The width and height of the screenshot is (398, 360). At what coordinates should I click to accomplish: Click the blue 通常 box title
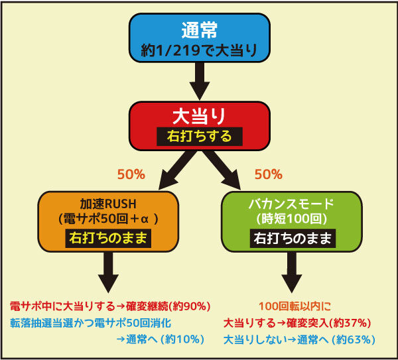click(x=200, y=30)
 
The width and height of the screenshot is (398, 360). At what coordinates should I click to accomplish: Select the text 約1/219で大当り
click(x=199, y=50)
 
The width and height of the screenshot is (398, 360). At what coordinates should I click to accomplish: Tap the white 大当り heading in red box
click(x=199, y=117)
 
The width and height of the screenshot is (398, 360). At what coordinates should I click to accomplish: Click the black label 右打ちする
click(x=200, y=137)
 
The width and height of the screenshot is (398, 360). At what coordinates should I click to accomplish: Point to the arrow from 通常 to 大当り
click(x=200, y=81)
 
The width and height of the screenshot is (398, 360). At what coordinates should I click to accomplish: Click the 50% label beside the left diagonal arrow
click(x=131, y=174)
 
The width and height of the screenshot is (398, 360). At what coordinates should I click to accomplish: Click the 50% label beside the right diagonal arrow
click(x=269, y=174)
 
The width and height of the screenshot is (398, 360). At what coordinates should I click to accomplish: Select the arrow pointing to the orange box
click(x=178, y=170)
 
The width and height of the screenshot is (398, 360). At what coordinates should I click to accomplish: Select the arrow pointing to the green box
click(x=222, y=170)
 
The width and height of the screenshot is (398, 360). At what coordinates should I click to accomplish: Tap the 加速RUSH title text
click(x=108, y=204)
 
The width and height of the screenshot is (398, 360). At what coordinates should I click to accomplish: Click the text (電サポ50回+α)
click(x=108, y=219)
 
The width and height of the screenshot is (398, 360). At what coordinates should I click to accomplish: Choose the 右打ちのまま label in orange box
click(x=108, y=239)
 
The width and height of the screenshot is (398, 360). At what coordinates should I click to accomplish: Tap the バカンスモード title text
click(x=291, y=204)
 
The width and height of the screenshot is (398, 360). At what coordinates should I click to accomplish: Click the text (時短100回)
click(x=291, y=219)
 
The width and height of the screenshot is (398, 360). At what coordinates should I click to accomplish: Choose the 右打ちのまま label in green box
click(x=293, y=239)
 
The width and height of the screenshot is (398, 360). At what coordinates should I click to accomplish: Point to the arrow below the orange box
click(x=108, y=272)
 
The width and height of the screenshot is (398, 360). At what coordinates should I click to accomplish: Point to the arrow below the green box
click(x=292, y=272)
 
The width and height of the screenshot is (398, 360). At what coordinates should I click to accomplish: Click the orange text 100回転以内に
click(x=295, y=306)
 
